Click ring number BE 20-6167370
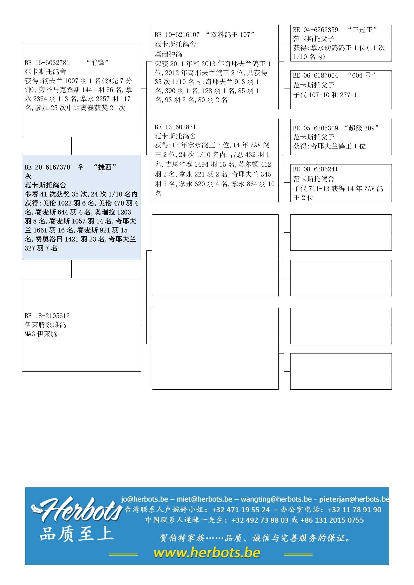(47, 167)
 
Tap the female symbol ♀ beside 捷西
(81, 167)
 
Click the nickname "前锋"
(98, 63)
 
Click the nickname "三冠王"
(362, 30)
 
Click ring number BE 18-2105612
(47, 316)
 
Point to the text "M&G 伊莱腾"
(41, 334)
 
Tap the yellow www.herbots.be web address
(207, 553)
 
